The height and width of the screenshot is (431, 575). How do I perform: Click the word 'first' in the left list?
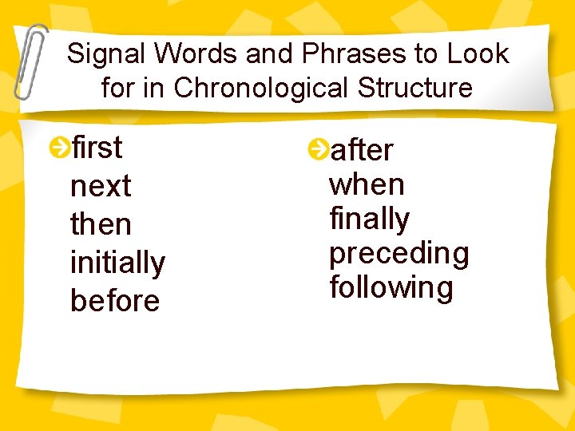point(97,148)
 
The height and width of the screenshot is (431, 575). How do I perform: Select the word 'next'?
point(101,187)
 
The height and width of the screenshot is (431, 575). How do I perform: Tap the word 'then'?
point(101,224)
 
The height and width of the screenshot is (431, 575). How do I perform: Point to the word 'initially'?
point(117,263)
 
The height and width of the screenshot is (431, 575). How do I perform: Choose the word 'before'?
point(115,301)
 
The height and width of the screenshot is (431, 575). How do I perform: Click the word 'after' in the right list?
point(362,149)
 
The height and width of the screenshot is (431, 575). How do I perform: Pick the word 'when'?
point(367,184)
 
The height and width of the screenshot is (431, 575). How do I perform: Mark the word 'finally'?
point(369,219)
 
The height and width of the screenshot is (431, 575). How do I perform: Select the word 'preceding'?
point(399,254)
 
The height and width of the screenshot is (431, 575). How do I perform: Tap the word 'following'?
point(391,287)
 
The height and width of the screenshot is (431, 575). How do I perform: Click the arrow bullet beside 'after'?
point(318,148)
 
